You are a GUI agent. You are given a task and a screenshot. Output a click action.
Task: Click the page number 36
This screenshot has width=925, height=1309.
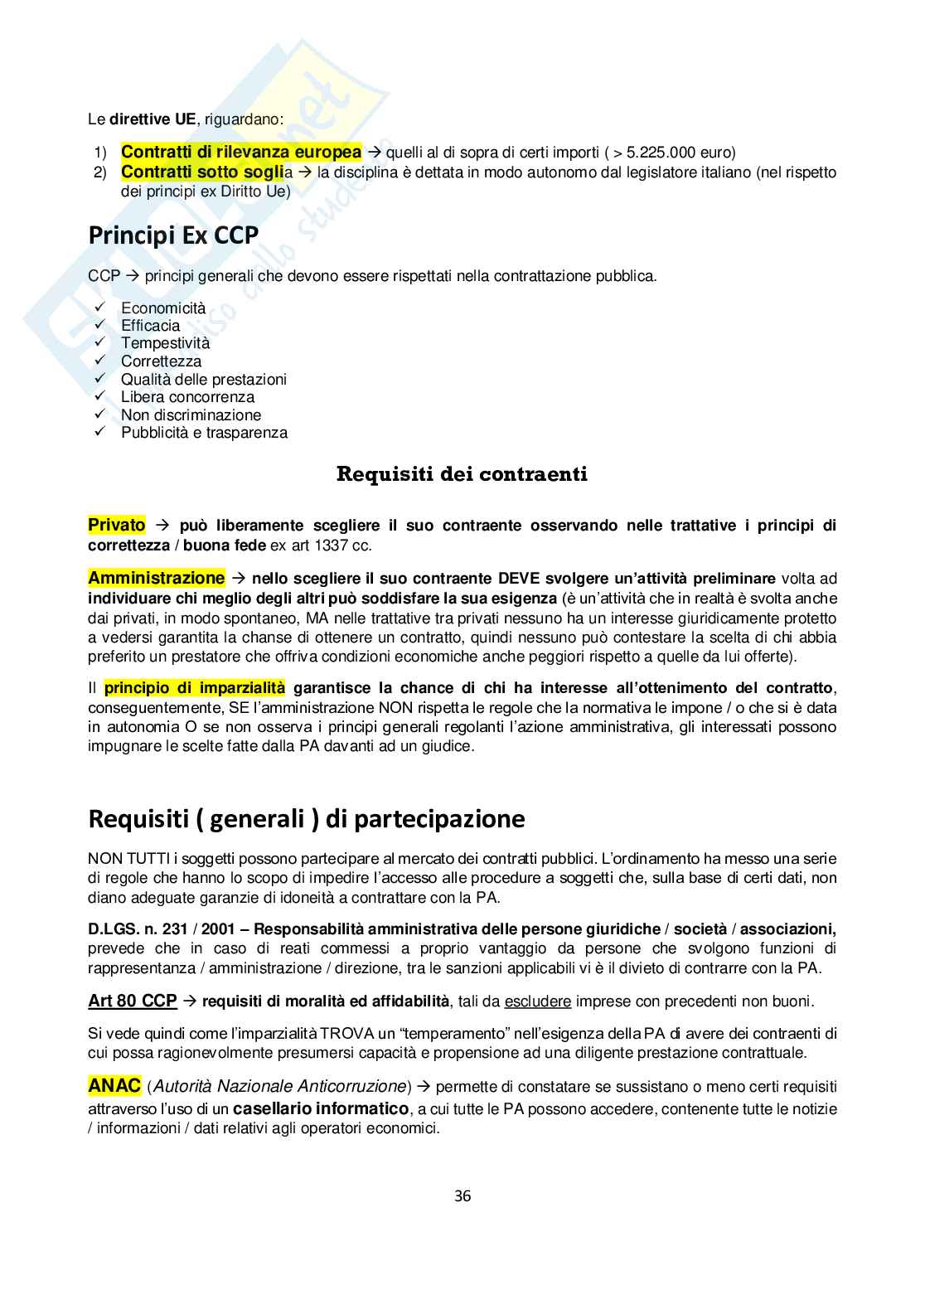tap(462, 1195)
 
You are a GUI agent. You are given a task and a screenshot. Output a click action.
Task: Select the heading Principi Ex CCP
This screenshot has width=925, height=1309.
tap(173, 235)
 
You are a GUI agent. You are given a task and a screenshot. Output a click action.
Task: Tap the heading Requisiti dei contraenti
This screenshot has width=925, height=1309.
tap(462, 474)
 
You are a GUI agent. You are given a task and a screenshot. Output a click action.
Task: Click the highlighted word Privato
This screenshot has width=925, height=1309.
tap(117, 525)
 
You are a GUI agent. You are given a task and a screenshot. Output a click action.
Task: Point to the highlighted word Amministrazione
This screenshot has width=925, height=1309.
tap(156, 578)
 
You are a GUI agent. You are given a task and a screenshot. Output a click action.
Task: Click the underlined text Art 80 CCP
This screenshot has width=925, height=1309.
tap(133, 1001)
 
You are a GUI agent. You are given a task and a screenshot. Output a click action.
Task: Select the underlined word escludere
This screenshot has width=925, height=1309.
tap(537, 1001)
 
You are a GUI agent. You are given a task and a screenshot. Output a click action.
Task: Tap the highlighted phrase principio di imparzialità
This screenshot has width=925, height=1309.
tap(195, 687)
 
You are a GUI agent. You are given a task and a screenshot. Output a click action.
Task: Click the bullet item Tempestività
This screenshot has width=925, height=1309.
tap(165, 343)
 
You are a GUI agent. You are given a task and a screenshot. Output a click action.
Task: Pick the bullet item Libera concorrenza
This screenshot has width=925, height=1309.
tap(187, 397)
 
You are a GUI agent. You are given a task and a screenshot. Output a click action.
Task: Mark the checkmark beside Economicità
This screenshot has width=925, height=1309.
tap(100, 308)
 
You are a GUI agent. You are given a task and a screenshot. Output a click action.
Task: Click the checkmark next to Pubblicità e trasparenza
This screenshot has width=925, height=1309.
tap(100, 432)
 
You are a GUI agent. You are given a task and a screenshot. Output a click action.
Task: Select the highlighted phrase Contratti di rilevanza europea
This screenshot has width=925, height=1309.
tap(241, 152)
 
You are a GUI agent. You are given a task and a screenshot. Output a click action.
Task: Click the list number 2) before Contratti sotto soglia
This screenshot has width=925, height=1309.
tap(100, 172)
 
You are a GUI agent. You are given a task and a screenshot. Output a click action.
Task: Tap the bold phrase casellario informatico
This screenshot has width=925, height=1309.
tap(321, 1108)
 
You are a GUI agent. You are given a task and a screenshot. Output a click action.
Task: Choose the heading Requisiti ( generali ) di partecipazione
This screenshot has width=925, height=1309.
tap(307, 819)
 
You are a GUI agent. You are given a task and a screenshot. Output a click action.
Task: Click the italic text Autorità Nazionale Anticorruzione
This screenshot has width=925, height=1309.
tap(280, 1086)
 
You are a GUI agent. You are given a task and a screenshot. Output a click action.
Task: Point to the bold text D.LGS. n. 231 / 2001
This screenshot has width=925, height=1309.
tap(156, 928)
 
